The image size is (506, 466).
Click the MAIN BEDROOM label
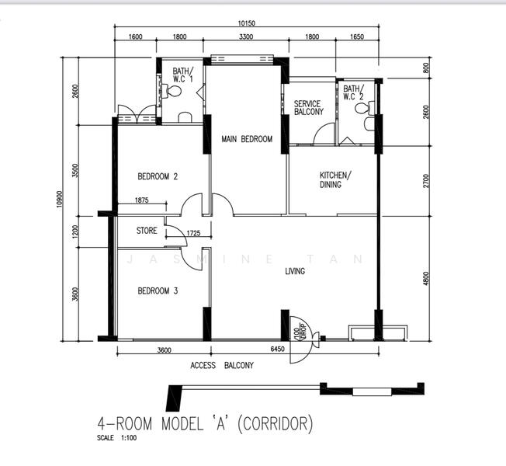[247, 139]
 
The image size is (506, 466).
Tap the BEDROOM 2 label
[158, 176]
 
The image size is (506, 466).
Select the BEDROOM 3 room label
[158, 291]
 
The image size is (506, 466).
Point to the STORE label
[147, 231]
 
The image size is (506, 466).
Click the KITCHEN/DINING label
[335, 180]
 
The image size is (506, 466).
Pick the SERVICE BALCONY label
[309, 108]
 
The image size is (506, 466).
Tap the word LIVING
[295, 271]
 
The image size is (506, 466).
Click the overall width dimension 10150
[247, 23]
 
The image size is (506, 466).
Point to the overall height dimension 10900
[59, 199]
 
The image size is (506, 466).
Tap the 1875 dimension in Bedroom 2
[142, 200]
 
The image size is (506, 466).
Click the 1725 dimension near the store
[193, 233]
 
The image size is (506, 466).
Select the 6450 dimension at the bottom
[278, 349]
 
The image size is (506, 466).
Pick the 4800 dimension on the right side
[426, 278]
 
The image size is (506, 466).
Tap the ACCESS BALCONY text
[222, 366]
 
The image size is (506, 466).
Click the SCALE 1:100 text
[117, 438]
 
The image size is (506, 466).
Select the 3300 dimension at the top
[246, 37]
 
